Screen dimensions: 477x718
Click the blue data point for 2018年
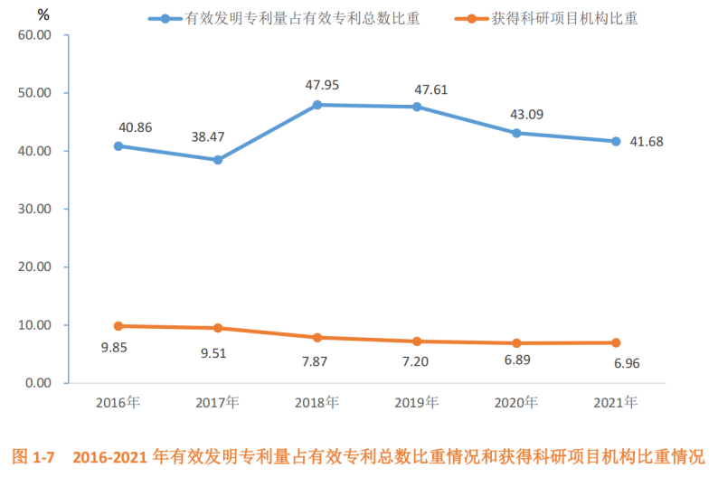point(317,105)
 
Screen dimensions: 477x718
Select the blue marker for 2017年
point(218,160)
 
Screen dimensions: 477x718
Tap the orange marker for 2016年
point(118,326)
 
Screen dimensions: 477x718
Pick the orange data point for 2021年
point(616,342)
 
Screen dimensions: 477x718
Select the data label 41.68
point(646,141)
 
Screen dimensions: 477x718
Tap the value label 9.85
point(114,349)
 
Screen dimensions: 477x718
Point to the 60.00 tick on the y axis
point(35,35)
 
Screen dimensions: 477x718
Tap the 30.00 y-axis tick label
point(35,209)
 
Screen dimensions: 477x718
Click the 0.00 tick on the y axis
point(39,383)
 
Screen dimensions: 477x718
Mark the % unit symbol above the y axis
point(43,14)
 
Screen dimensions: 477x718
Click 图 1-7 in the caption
point(36,457)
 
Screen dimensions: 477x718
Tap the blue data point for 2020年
point(516,133)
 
